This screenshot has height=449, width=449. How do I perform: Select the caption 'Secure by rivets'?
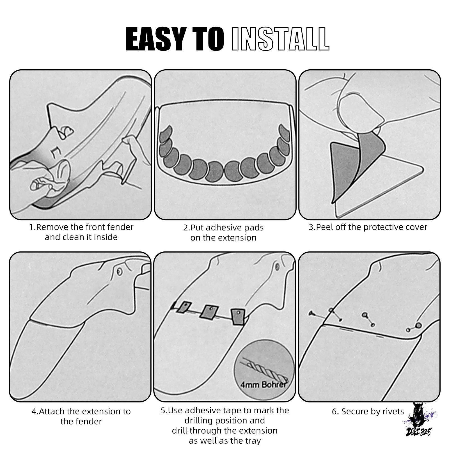click(368, 411)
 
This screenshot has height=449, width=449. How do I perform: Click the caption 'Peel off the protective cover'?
click(368, 227)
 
